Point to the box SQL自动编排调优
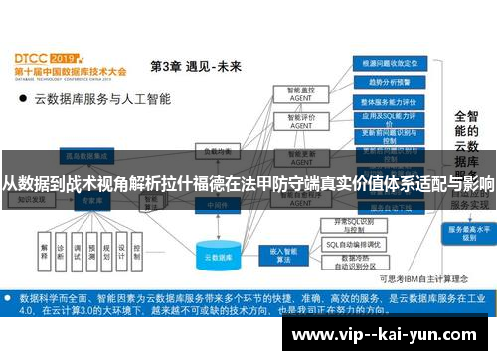(354, 244)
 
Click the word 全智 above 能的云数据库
(466, 118)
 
